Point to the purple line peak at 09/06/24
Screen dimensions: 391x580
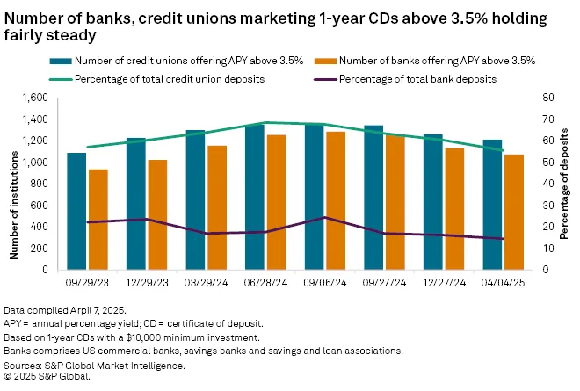(325, 217)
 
